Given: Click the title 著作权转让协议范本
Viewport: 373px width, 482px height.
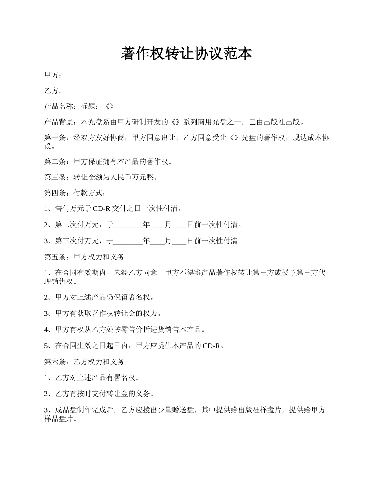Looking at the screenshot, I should click(x=186, y=54).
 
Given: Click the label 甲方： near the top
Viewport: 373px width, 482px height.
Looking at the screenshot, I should click(x=53, y=75).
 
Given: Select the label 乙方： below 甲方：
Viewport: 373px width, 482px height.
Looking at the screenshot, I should click(x=53, y=91).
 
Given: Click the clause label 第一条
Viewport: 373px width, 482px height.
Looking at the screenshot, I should click(x=55, y=138).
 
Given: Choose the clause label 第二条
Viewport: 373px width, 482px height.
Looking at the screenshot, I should click(x=55, y=161).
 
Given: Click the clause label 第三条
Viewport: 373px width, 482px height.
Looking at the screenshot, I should click(x=55, y=178).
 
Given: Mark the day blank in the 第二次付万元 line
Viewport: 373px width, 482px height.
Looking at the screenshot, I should click(x=179, y=225).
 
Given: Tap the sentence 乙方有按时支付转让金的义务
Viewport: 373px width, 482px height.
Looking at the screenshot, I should click(x=102, y=393).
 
